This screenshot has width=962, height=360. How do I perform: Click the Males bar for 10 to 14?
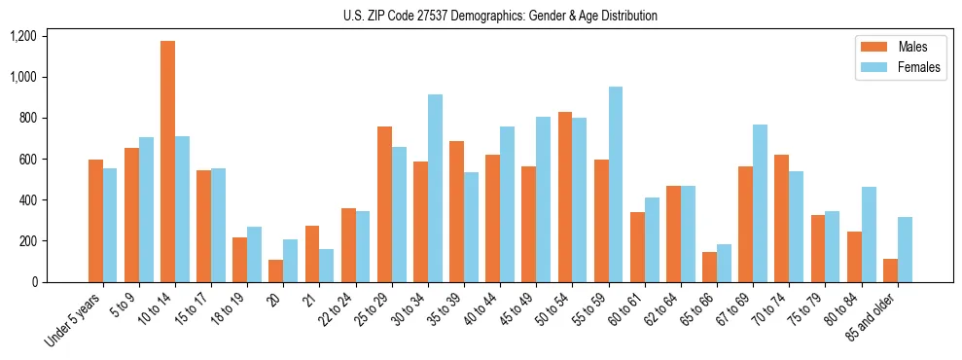pyautogui.click(x=167, y=162)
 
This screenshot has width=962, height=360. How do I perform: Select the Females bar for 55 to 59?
pyautogui.click(x=616, y=185)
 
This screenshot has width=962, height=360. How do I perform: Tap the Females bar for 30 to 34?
pyautogui.click(x=435, y=189)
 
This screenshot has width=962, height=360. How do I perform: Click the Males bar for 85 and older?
pyautogui.click(x=890, y=270)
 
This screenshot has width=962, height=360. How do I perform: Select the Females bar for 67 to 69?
pyautogui.click(x=760, y=203)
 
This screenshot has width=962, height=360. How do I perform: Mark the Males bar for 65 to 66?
pyautogui.click(x=709, y=267)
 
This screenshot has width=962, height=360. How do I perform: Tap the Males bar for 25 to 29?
pyautogui.click(x=384, y=204)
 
